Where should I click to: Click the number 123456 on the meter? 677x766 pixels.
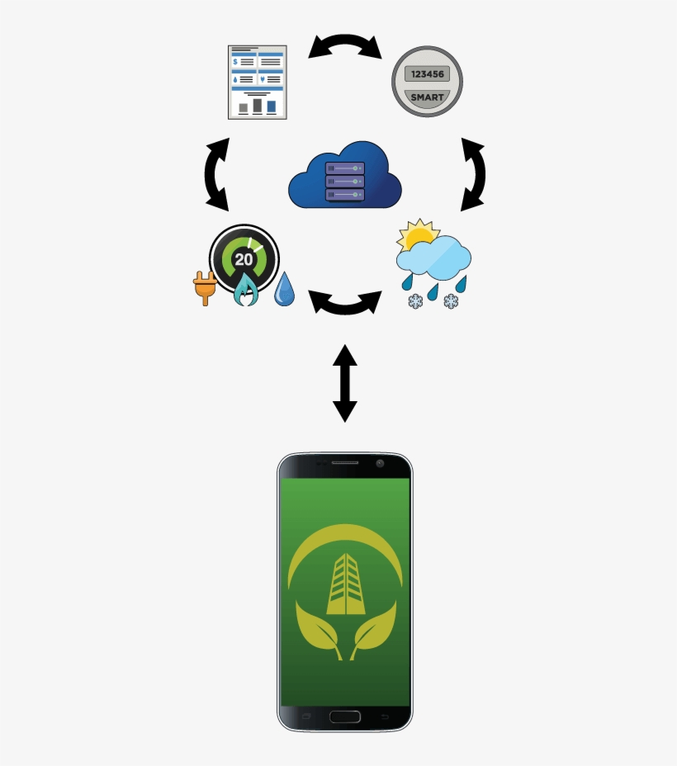tap(428, 74)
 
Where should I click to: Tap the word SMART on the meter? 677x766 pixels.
tap(428, 97)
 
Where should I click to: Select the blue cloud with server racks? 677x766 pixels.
tap(345, 174)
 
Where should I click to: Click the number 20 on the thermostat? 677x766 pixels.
tap(244, 259)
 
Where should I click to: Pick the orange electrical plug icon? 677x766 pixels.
tap(205, 288)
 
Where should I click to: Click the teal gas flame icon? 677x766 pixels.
tap(246, 289)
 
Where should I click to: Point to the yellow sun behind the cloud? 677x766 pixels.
tap(418, 234)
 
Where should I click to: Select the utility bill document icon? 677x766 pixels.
tap(258, 82)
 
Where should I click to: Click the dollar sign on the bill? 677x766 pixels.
tap(235, 62)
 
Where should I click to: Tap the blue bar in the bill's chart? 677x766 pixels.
tap(271, 106)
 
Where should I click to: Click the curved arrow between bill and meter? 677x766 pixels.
tap(345, 46)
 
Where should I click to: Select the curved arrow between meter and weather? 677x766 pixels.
tap(473, 174)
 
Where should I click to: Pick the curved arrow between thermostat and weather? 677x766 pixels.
tap(345, 302)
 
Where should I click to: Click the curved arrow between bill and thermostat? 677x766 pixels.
tap(217, 174)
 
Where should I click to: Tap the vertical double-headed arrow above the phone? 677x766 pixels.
tap(345, 384)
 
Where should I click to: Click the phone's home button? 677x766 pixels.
tap(345, 716)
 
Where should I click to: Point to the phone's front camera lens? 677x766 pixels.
tap(380, 463)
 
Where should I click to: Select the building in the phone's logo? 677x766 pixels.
tap(346, 584)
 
